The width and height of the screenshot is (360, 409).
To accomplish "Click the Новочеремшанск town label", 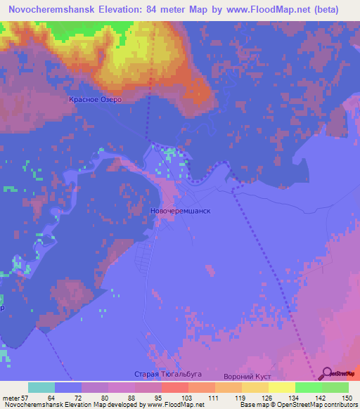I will tap(181, 210).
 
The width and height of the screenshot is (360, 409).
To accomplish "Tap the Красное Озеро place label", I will tap(96, 100).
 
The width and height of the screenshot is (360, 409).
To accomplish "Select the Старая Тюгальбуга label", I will tap(163, 375).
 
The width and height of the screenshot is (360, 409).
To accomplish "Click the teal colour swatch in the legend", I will tap(41, 387).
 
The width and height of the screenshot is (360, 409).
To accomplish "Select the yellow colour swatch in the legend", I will tap(281, 387).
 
